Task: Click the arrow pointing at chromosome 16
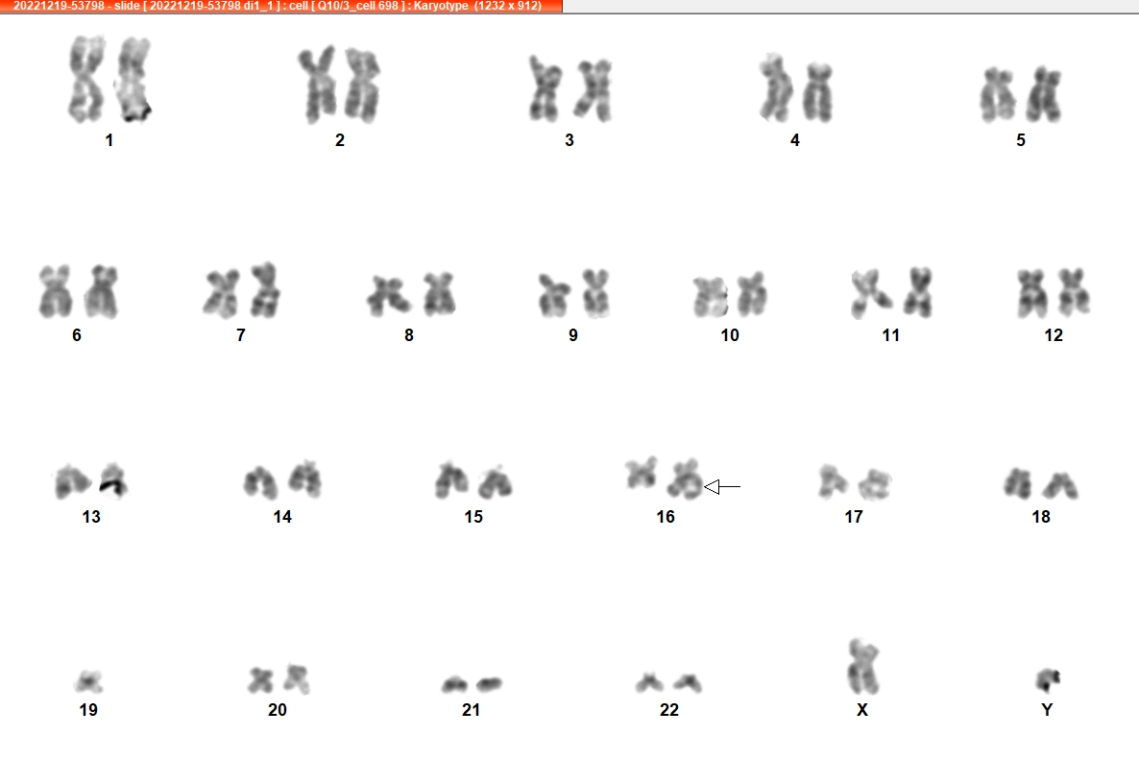(x=722, y=487)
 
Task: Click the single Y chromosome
(x=1047, y=680)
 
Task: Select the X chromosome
(x=863, y=667)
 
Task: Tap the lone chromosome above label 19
(x=88, y=681)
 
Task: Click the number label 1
(x=109, y=140)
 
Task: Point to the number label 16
(x=666, y=517)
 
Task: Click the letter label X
(x=862, y=710)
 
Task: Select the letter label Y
(x=1047, y=710)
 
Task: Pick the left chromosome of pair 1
(x=86, y=79)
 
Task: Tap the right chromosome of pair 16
(x=685, y=479)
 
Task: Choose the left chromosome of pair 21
(x=454, y=684)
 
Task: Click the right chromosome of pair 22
(x=688, y=683)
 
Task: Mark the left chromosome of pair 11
(x=869, y=294)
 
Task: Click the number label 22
(x=669, y=710)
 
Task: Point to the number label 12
(x=1054, y=335)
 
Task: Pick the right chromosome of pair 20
(x=297, y=678)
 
